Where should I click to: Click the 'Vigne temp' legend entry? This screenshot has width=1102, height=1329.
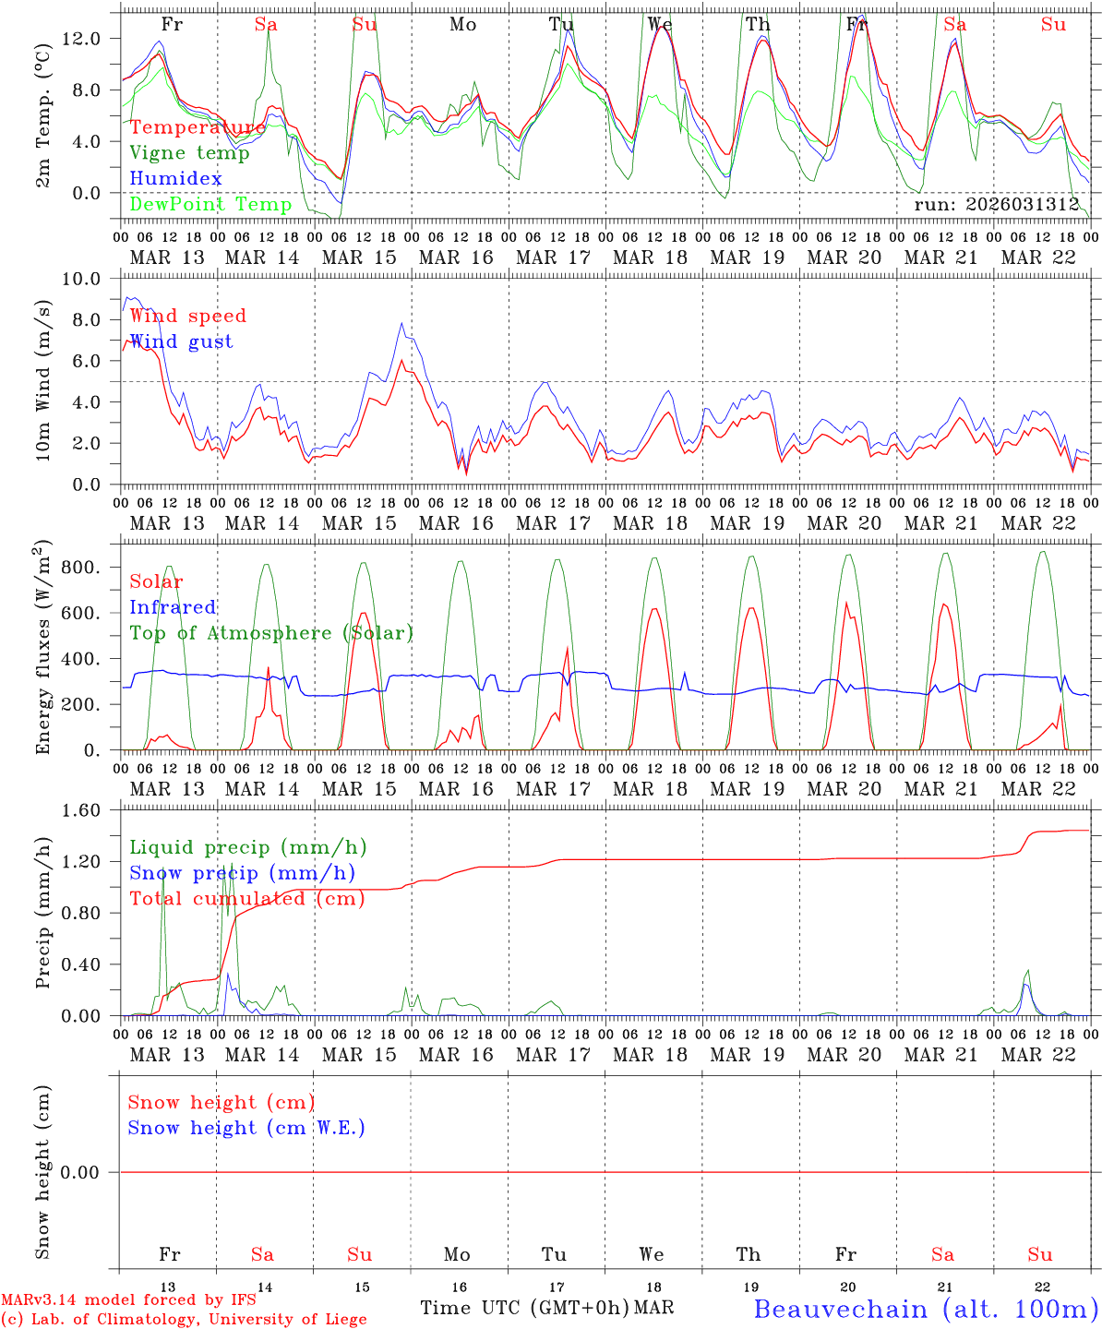coord(189,153)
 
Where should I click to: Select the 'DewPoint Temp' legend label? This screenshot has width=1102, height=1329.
coord(210,205)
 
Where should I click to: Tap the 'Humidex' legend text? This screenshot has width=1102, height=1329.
coord(175,179)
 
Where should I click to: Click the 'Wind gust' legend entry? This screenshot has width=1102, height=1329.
coord(181,342)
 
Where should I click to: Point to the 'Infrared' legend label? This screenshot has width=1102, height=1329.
coord(173,607)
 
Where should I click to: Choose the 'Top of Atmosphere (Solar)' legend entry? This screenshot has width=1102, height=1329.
coord(270,633)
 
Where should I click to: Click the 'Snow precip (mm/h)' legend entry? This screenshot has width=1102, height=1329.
coord(242,873)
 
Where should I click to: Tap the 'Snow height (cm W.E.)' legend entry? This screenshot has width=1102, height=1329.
coord(246,1128)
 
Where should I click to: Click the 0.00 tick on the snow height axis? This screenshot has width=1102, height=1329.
coord(85,1172)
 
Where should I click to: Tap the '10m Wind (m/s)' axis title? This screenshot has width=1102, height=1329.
coord(43,380)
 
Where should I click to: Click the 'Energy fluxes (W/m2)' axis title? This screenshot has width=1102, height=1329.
coord(43,646)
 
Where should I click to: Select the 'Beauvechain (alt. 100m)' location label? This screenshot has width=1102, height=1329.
coord(926,1309)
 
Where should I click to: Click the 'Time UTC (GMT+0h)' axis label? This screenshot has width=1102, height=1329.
coord(524,1308)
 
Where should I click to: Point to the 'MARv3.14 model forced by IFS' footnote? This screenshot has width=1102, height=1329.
coord(128,1300)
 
